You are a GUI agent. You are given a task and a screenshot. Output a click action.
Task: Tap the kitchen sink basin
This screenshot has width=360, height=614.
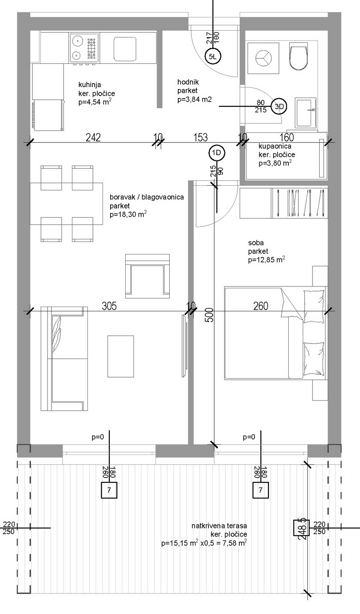(125, 49)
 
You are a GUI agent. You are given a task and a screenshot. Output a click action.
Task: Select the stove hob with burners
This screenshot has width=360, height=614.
(85, 48)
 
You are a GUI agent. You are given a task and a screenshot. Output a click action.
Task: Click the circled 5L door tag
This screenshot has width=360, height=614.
(213, 57)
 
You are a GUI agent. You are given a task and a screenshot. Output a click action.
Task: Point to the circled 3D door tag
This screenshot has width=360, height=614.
(279, 106)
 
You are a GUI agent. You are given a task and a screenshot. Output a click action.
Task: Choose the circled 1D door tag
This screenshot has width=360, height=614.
(217, 153)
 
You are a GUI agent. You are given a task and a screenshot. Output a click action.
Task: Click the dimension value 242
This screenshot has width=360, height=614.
(93, 137)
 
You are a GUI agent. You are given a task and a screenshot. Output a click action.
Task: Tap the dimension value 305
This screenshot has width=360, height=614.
(109, 306)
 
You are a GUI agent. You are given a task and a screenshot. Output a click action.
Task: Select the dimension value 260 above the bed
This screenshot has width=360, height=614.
(261, 306)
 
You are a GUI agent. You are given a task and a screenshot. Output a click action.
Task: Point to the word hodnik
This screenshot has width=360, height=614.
(188, 82)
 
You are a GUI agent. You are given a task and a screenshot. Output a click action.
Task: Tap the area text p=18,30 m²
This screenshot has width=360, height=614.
(128, 214)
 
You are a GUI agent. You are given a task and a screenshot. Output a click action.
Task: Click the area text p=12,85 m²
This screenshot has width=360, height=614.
(266, 259)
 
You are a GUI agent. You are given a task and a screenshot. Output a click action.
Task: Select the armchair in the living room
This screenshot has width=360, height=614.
(148, 276)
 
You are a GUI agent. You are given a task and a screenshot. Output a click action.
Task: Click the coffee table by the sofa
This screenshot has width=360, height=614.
(121, 356)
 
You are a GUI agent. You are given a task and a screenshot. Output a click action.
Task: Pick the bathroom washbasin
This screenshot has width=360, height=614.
(305, 112)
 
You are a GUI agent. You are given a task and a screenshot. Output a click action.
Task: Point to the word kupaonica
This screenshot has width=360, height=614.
(271, 146)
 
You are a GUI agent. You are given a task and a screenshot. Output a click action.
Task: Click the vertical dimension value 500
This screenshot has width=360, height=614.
(209, 315)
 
